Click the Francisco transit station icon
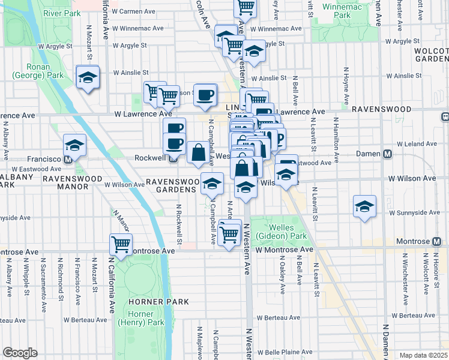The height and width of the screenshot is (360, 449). tap(68, 160)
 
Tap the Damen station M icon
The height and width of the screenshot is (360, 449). tap(388, 154)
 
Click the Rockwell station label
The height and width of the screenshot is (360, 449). tap(148, 158)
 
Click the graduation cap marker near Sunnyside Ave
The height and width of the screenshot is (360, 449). tap(364, 206)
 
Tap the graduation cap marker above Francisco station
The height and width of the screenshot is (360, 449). tap(75, 145)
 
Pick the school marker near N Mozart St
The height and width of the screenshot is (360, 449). tap(88, 78)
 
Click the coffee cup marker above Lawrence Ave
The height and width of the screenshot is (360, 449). tap(205, 94)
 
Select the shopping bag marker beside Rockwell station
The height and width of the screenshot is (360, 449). tap(198, 153)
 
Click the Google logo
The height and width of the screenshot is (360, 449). tap(20, 353)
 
